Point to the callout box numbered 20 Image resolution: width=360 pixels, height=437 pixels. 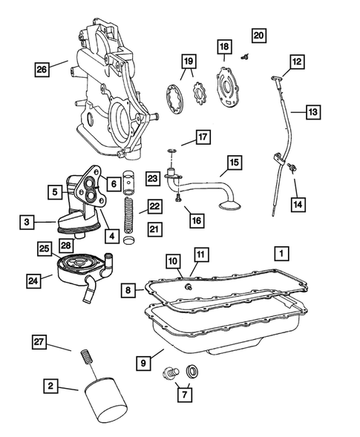[258, 35]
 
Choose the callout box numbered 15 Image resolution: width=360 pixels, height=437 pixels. [234, 162]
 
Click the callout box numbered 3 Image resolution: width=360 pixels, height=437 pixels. [27, 220]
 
